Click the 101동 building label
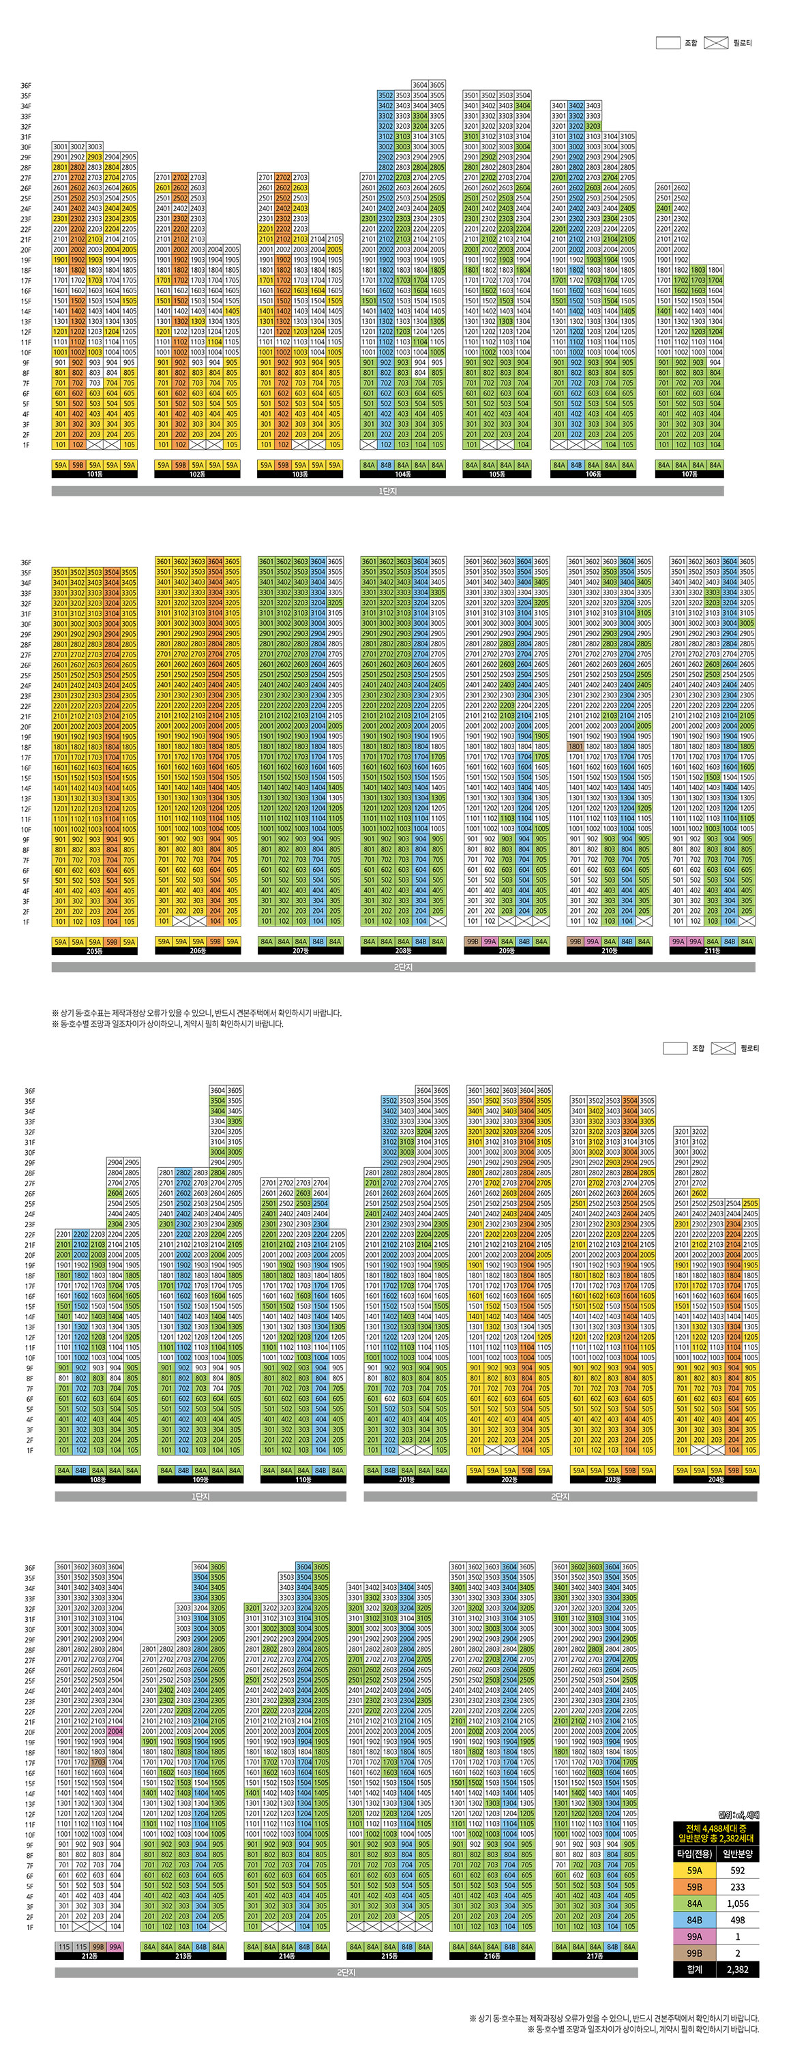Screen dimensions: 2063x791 (95, 474)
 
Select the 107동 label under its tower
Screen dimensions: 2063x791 (689, 474)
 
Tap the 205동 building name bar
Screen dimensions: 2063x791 (95, 950)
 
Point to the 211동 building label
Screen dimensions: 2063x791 (712, 950)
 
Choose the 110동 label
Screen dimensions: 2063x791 (303, 1479)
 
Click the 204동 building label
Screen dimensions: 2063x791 (716, 1479)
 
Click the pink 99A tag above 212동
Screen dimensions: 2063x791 (115, 1946)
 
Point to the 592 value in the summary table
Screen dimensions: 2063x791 (737, 1870)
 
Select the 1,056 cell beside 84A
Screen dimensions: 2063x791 (737, 1903)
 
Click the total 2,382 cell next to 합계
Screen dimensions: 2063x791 (737, 1970)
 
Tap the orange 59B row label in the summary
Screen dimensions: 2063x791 (694, 1887)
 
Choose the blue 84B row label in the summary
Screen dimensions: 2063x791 (694, 1920)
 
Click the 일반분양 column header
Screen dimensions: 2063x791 (737, 1853)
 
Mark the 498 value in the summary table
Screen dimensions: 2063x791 (737, 1920)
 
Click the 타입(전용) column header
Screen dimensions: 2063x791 (694, 1853)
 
